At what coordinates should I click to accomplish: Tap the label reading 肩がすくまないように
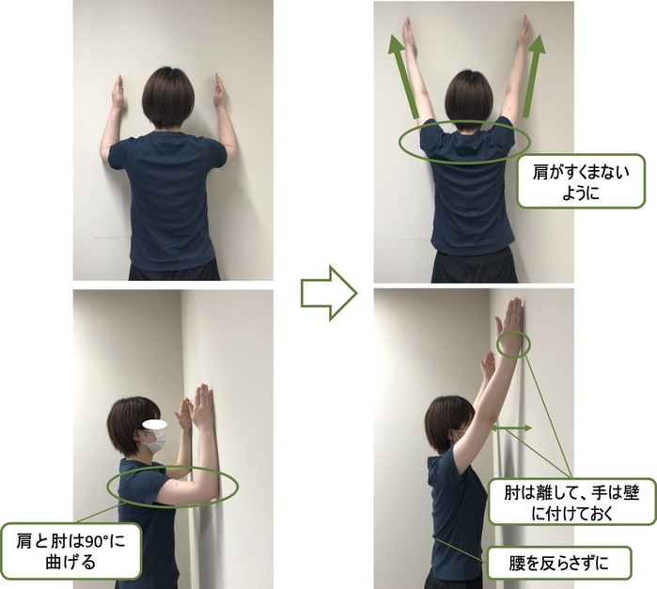[x=582, y=181]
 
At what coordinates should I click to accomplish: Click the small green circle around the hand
[x=513, y=344]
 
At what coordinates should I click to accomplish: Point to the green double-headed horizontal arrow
[x=510, y=428]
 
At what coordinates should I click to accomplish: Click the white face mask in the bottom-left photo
[x=153, y=439]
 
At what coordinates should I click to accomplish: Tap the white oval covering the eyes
[x=150, y=422]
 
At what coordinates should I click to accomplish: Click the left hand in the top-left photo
[x=117, y=94]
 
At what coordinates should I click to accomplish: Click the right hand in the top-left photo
[x=219, y=92]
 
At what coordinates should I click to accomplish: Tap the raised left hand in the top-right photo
[x=409, y=35]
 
